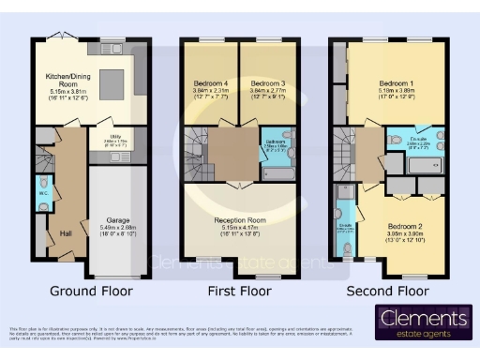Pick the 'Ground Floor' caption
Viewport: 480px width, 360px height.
pos(91,291)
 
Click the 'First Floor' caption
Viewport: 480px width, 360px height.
pos(239,291)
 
